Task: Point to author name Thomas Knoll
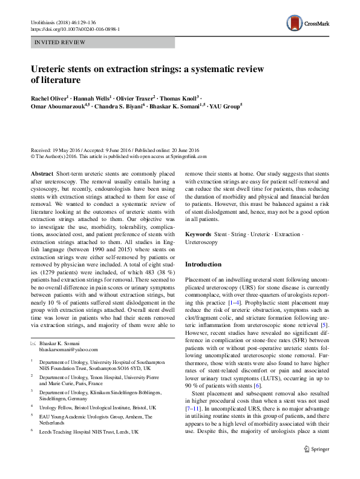click(182, 97)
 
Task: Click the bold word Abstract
click(42, 173)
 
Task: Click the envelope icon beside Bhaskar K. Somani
click(33, 343)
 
